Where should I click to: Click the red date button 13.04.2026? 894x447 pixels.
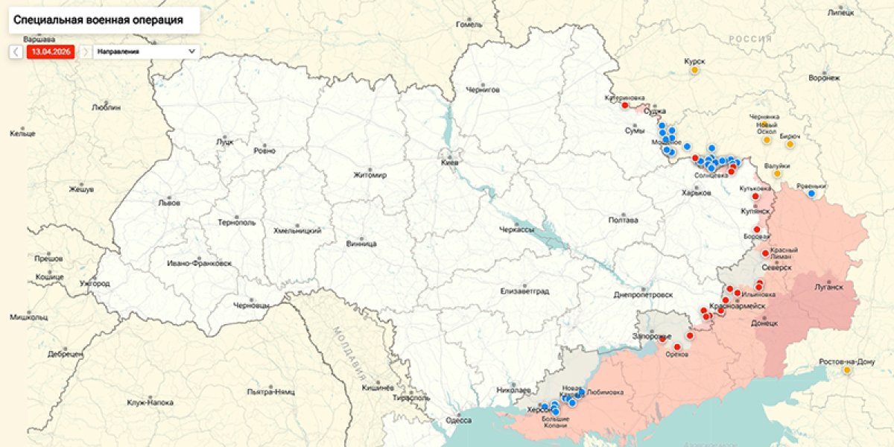(51, 51)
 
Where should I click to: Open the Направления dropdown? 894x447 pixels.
(147, 51)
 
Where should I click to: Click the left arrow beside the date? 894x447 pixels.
(16, 51)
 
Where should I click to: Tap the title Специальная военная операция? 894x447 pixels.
(98, 20)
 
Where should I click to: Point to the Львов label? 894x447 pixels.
(169, 202)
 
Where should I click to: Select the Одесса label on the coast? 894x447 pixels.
(459, 420)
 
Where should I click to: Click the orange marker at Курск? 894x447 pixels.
(694, 70)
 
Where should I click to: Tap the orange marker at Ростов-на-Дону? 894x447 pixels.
(847, 370)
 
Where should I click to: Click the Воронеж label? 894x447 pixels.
(824, 77)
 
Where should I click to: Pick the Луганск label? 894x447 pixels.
(828, 286)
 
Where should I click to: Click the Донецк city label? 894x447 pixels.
(764, 323)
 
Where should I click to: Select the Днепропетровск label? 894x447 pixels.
(643, 294)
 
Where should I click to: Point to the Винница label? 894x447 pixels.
(361, 244)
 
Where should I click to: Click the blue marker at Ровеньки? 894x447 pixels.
(812, 194)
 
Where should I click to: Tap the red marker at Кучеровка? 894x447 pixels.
(624, 105)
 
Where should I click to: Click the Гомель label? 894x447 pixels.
(469, 25)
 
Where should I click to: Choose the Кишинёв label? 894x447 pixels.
(377, 388)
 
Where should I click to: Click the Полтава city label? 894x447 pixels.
(623, 221)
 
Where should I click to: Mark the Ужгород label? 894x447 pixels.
(95, 283)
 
